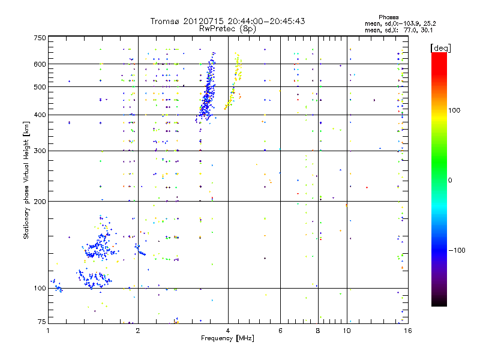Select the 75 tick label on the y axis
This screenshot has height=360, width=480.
click(41, 323)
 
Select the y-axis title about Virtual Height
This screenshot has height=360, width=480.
click(26, 180)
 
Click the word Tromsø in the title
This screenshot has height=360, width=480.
click(167, 21)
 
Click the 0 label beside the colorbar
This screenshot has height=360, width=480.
click(450, 180)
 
